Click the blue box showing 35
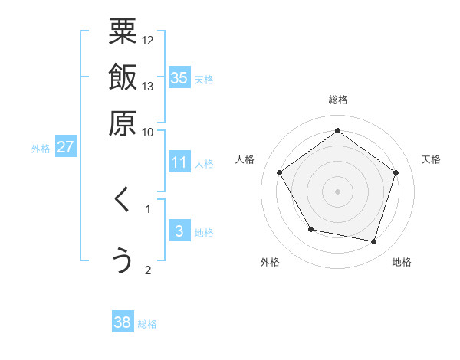point(179,77)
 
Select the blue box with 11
point(179,162)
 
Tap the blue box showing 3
point(179,231)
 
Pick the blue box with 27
point(65,147)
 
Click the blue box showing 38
point(123,322)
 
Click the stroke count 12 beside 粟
point(148,40)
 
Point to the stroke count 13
point(148,86)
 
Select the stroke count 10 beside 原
point(148,132)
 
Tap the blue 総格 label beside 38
point(147,324)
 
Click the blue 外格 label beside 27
point(40,149)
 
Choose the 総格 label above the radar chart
point(337,100)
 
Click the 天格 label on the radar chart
point(431,159)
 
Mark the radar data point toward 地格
point(373,241)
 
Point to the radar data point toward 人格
point(280,172)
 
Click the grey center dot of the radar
point(337,191)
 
